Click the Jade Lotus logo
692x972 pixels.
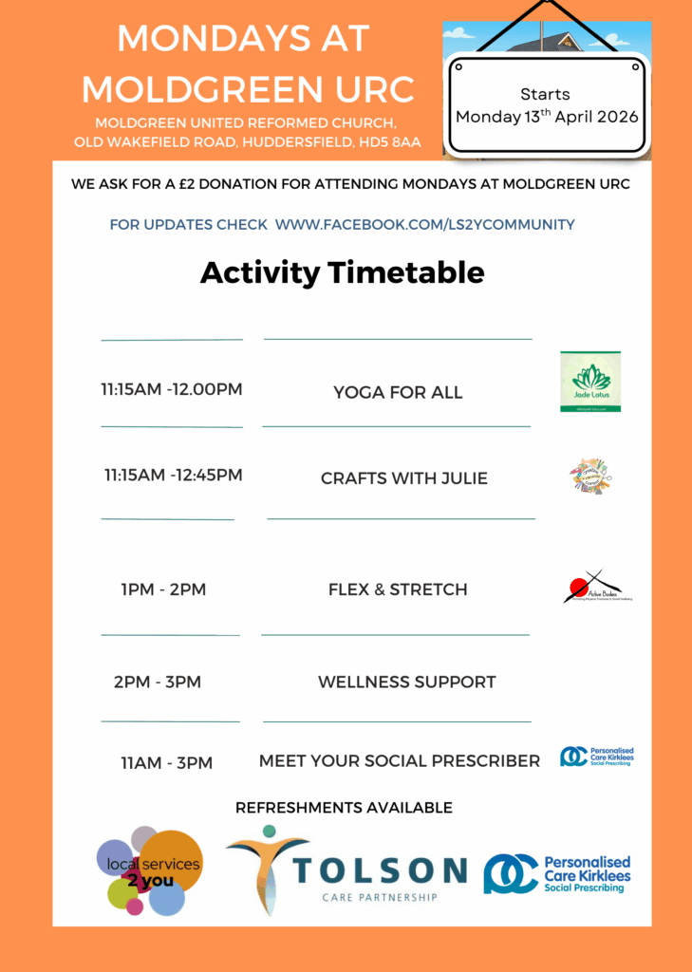click(x=590, y=381)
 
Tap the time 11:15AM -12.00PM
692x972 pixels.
click(x=172, y=390)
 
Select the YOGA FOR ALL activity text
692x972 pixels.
click(x=398, y=392)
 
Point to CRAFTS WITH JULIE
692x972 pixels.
click(x=404, y=478)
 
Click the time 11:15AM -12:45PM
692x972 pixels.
click(x=174, y=475)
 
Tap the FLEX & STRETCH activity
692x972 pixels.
click(x=398, y=589)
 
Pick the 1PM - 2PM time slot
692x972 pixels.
click(x=163, y=589)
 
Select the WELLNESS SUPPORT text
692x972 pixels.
click(x=407, y=682)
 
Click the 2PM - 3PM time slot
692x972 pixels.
click(x=158, y=682)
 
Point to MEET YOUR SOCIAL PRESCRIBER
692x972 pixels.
click(x=400, y=760)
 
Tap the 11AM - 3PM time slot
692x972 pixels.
click(x=167, y=762)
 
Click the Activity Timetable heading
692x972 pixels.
click(x=342, y=272)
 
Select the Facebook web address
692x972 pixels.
click(x=424, y=225)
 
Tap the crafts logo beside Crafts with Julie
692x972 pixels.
click(x=590, y=475)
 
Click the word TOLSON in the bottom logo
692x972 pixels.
click(x=380, y=869)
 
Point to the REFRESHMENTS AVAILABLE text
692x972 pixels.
click(x=344, y=808)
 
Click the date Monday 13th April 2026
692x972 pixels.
click(x=547, y=118)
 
